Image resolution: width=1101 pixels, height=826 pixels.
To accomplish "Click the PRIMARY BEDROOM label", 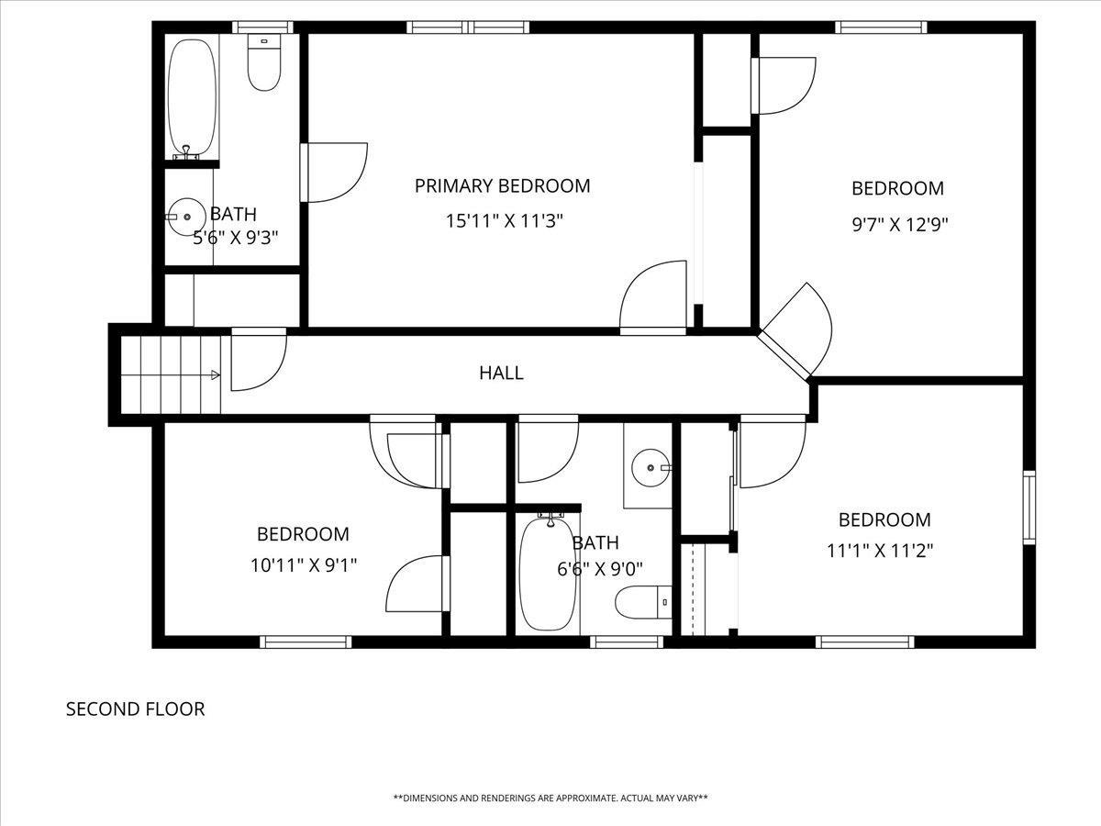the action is [502, 186].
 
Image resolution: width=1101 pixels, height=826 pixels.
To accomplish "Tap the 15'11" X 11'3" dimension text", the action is [505, 220].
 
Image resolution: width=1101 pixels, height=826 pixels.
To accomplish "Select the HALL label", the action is [501, 374].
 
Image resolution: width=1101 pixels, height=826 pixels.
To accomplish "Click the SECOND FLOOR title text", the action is [136, 709].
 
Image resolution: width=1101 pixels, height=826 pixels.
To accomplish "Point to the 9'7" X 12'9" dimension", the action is [900, 225].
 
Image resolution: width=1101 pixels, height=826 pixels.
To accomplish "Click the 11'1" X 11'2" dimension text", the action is [880, 552].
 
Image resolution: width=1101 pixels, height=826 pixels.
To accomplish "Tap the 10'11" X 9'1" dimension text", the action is [304, 565].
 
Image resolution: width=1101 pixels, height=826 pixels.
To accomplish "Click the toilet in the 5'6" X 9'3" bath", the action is [264, 62].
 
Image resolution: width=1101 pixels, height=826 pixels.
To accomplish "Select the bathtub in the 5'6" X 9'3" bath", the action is [192, 97].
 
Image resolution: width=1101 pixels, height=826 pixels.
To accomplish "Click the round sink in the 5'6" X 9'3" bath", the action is [186, 218].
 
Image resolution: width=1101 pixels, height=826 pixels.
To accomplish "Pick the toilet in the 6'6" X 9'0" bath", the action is [643, 602].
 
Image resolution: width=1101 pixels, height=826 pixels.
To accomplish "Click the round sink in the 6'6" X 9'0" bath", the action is [651, 468].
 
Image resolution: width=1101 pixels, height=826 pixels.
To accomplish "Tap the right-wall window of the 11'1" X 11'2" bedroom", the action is [1029, 508].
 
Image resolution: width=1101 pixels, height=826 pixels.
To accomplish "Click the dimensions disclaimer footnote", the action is [550, 798].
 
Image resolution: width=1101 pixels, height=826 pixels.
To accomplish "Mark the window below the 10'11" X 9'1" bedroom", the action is [306, 642].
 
